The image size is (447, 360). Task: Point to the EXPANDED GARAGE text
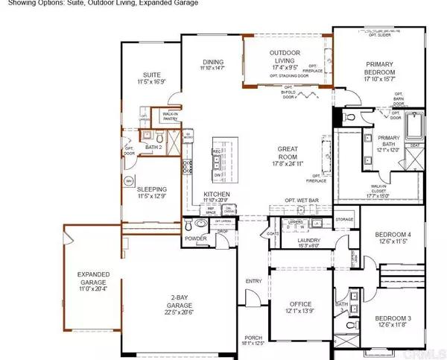click(93, 279)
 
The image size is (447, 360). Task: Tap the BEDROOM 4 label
click(392, 235)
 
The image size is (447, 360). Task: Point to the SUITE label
click(152, 75)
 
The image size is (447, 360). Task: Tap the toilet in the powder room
click(200, 224)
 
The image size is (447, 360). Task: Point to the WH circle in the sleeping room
click(129, 181)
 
